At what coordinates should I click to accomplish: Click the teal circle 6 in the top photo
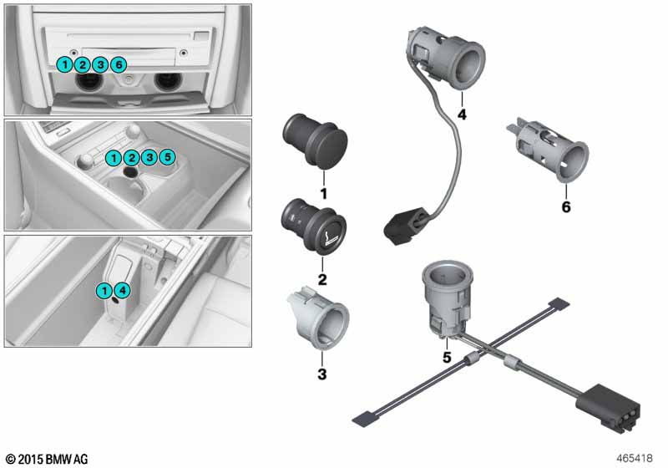pyautogui.click(x=119, y=65)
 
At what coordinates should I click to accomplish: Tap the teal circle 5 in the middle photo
pyautogui.click(x=168, y=157)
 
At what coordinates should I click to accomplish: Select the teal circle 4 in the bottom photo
pyautogui.click(x=123, y=291)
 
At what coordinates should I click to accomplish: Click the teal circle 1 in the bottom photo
pyautogui.click(x=104, y=291)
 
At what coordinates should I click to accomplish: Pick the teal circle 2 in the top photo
pyautogui.click(x=82, y=65)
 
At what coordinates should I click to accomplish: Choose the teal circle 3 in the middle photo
pyautogui.click(x=149, y=157)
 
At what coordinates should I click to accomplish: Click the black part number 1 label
pyautogui.click(x=324, y=194)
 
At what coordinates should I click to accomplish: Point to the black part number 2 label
pyautogui.click(x=322, y=280)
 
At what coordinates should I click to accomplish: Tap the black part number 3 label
pyautogui.click(x=322, y=374)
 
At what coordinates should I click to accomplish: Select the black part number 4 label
pyautogui.click(x=462, y=114)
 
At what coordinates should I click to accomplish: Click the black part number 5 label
pyautogui.click(x=447, y=357)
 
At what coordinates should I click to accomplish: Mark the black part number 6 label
pyautogui.click(x=566, y=206)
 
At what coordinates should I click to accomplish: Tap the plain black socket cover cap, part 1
pyautogui.click(x=315, y=140)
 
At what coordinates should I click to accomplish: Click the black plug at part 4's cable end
pyautogui.click(x=406, y=226)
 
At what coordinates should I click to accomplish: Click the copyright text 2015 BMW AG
pyautogui.click(x=47, y=459)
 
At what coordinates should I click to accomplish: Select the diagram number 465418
pyautogui.click(x=635, y=458)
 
